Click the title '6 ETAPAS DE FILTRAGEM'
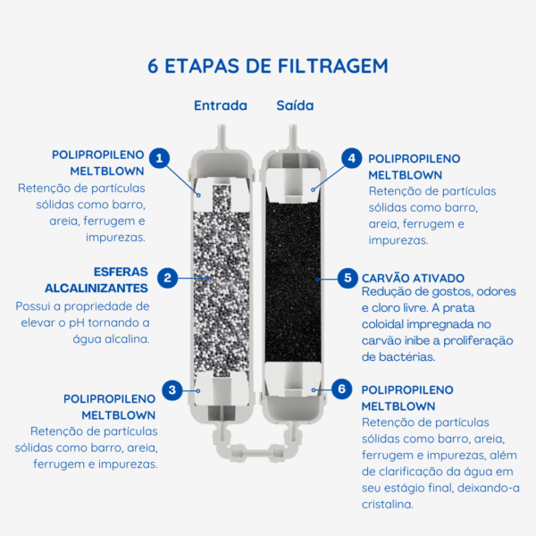click(268, 67)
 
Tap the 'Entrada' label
click(220, 105)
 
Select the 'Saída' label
click(294, 105)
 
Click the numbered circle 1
click(159, 159)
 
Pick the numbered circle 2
click(167, 278)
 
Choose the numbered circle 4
click(351, 158)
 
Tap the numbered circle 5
click(346, 278)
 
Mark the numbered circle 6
click(340, 389)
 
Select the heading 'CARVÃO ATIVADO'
click(413, 278)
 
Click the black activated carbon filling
click(292, 277)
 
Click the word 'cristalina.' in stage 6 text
click(388, 505)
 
